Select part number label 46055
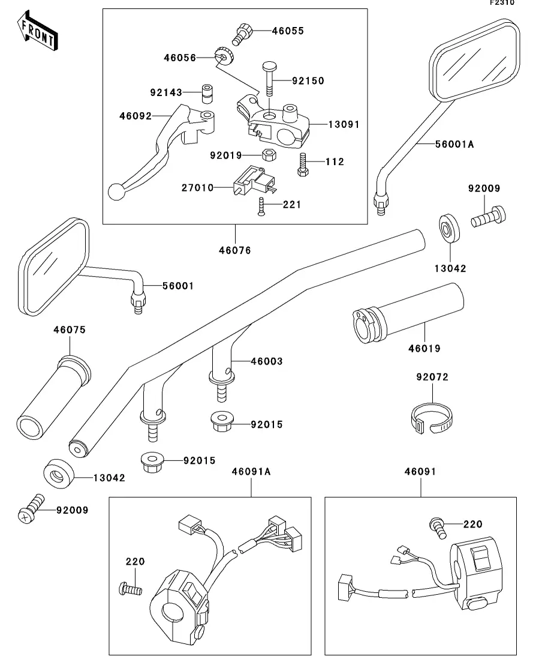[287, 31]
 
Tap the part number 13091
[344, 124]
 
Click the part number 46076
[235, 250]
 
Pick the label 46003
[266, 361]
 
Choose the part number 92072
[432, 378]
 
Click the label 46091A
[251, 472]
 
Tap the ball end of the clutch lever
[116, 191]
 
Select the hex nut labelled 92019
[269, 155]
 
